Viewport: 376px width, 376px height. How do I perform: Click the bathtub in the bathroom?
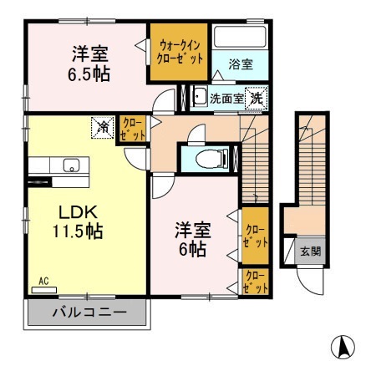point(239,38)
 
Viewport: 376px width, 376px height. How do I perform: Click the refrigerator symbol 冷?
point(103,127)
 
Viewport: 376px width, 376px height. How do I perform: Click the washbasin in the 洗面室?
point(200,97)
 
